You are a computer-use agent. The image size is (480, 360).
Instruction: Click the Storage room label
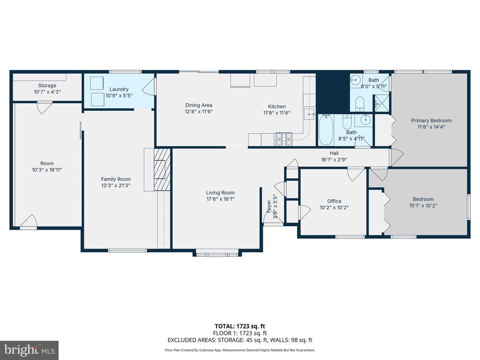click(47, 86)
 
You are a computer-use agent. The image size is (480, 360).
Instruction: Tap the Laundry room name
click(119, 90)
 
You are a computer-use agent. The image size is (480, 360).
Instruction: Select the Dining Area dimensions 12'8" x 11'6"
click(199, 112)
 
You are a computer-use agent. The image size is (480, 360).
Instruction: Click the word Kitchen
click(277, 106)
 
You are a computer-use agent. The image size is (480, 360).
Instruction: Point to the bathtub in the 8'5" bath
click(326, 130)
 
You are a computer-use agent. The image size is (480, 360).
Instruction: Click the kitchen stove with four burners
click(284, 139)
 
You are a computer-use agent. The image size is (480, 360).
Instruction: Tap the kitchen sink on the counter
click(309, 114)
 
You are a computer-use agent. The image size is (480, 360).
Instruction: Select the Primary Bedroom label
click(431, 120)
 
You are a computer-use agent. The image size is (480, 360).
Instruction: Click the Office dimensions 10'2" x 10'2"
click(334, 208)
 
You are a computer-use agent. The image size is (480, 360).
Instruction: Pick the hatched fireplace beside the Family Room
click(162, 169)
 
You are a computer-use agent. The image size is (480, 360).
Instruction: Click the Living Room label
click(220, 193)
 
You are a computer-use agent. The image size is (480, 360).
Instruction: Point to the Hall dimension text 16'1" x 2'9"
click(334, 159)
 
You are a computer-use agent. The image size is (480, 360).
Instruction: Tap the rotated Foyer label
click(269, 207)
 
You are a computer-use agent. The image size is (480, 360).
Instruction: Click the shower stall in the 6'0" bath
click(382, 103)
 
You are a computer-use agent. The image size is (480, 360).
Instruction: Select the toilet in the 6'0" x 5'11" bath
click(360, 104)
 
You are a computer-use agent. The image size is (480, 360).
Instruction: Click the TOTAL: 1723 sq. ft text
click(240, 326)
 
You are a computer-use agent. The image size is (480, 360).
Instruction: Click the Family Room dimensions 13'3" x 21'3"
click(116, 185)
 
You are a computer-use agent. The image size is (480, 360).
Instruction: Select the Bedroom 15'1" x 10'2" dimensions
click(423, 206)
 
